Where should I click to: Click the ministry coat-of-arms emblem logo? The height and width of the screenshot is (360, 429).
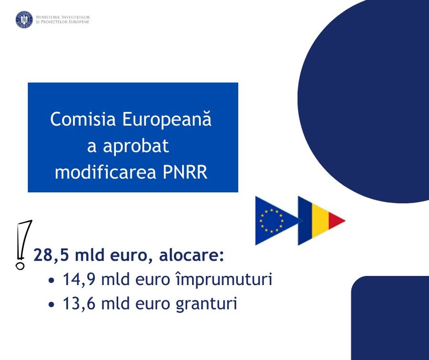[x=24, y=20]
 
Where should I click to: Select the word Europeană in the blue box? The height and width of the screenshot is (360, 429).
[x=167, y=119]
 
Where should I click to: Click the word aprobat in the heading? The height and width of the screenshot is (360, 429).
[x=136, y=146]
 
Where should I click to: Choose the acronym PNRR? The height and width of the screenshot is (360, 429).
[x=185, y=172]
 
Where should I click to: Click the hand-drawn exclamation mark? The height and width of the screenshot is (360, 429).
[x=23, y=244]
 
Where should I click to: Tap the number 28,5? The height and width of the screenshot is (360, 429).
[x=50, y=255]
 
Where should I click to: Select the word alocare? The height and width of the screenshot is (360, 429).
[x=191, y=255]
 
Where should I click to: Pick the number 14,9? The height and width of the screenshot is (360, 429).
[x=79, y=279]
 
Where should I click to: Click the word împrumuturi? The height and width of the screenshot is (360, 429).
[x=224, y=280]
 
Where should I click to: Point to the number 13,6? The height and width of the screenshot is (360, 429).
[x=79, y=304]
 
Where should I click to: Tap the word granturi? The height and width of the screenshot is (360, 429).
[x=206, y=304]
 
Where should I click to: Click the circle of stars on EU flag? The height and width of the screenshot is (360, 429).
[x=271, y=221]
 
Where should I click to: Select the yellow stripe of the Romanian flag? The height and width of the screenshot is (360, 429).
[x=320, y=221]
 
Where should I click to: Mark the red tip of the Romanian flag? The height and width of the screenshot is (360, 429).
[x=337, y=221]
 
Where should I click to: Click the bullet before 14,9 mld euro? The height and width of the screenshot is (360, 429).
[x=51, y=281]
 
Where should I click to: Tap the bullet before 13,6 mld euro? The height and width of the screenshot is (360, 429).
[x=51, y=305]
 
